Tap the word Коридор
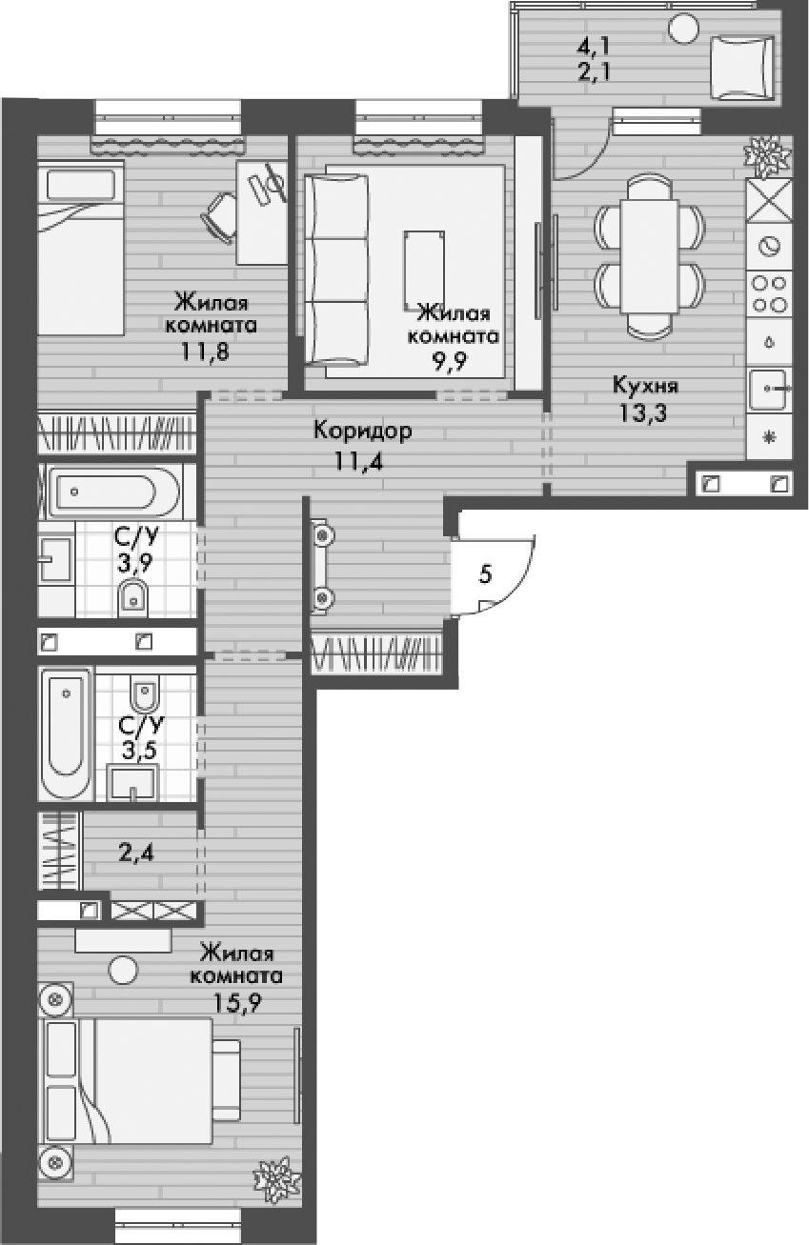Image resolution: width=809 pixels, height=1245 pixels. (363, 432)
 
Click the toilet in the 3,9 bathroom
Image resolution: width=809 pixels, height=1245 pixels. (131, 598)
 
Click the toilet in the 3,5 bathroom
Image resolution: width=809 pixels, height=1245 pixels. (145, 696)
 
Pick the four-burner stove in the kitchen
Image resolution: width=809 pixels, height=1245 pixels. (768, 293)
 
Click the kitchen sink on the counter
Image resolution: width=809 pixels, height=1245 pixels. (768, 389)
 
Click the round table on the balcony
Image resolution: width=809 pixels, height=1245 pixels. (683, 28)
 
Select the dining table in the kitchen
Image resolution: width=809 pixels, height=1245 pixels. (649, 256)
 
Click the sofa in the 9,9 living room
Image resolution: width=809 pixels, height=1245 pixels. (337, 270)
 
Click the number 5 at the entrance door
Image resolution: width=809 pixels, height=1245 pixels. (486, 574)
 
